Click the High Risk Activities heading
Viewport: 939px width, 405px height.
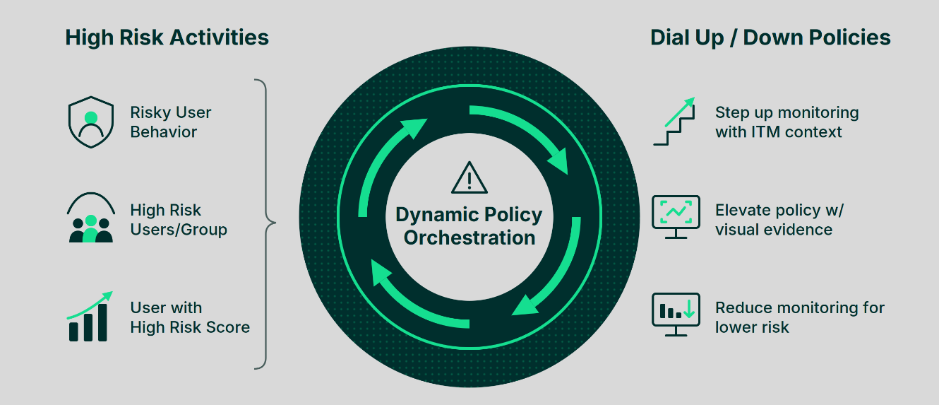167,37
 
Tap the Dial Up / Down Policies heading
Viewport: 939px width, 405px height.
770,37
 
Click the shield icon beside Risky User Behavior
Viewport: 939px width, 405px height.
91,122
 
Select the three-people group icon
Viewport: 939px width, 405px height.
91,218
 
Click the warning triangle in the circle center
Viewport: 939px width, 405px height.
469,178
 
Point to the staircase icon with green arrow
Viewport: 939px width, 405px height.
674,122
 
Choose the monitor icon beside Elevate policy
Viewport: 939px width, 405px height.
676,217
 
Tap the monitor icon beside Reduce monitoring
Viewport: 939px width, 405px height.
676,315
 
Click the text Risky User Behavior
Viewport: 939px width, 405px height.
171,122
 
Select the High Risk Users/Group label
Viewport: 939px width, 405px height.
179,220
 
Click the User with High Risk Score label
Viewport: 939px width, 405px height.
190,317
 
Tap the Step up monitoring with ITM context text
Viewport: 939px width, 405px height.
787,122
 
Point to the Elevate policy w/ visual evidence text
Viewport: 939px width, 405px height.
779,220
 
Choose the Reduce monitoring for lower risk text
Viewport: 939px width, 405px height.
799,317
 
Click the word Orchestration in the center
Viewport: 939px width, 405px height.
469,237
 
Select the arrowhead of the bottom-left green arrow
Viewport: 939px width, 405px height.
380,273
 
